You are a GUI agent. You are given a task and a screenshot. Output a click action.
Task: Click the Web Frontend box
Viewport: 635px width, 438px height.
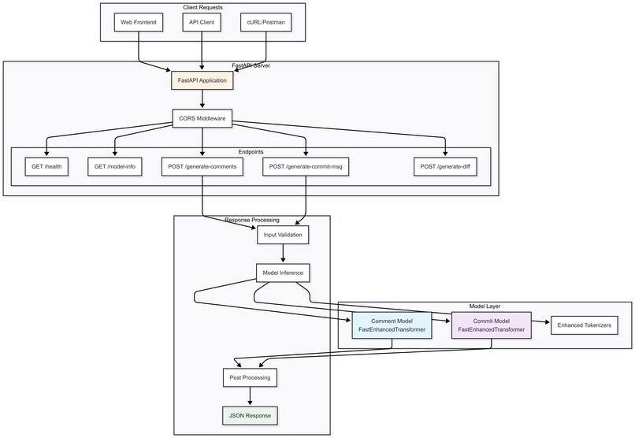pos(139,23)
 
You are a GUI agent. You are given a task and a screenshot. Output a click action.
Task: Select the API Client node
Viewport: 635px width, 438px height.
pos(202,23)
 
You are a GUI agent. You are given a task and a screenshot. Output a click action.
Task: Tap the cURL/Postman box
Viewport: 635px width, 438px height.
pos(266,23)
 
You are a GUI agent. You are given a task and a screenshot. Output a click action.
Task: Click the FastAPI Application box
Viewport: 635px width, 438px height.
pos(202,80)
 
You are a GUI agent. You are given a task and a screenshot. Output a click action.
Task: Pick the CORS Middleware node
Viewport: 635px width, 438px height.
pos(202,119)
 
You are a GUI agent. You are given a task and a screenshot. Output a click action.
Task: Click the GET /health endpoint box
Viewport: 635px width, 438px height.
pos(46,166)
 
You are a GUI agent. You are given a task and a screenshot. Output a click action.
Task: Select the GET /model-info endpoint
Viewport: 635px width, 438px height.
pos(114,166)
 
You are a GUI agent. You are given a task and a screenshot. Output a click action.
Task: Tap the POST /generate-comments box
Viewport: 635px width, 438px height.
pos(202,166)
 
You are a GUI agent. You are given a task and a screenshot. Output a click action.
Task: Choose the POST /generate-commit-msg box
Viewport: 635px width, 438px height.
pos(306,166)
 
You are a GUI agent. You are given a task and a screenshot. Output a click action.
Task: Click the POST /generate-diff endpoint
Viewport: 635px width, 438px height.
pos(446,166)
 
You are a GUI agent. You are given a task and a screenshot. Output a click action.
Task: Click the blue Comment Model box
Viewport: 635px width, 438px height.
pos(392,325)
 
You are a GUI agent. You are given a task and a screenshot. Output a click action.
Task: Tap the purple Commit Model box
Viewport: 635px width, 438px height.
pos(491,325)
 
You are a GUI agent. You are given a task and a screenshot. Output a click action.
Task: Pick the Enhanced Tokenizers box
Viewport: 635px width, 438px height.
pos(584,325)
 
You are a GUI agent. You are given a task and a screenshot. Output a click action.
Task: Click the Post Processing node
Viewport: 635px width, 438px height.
pos(251,377)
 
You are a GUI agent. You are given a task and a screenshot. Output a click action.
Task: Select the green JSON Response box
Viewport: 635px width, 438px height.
pos(251,415)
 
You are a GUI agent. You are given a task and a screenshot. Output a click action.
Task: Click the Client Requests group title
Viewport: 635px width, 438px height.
pos(202,7)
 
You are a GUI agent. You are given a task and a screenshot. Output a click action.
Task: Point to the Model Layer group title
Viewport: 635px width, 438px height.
pos(485,306)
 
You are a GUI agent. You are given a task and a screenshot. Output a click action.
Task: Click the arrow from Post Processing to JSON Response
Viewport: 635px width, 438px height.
pos(251,396)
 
